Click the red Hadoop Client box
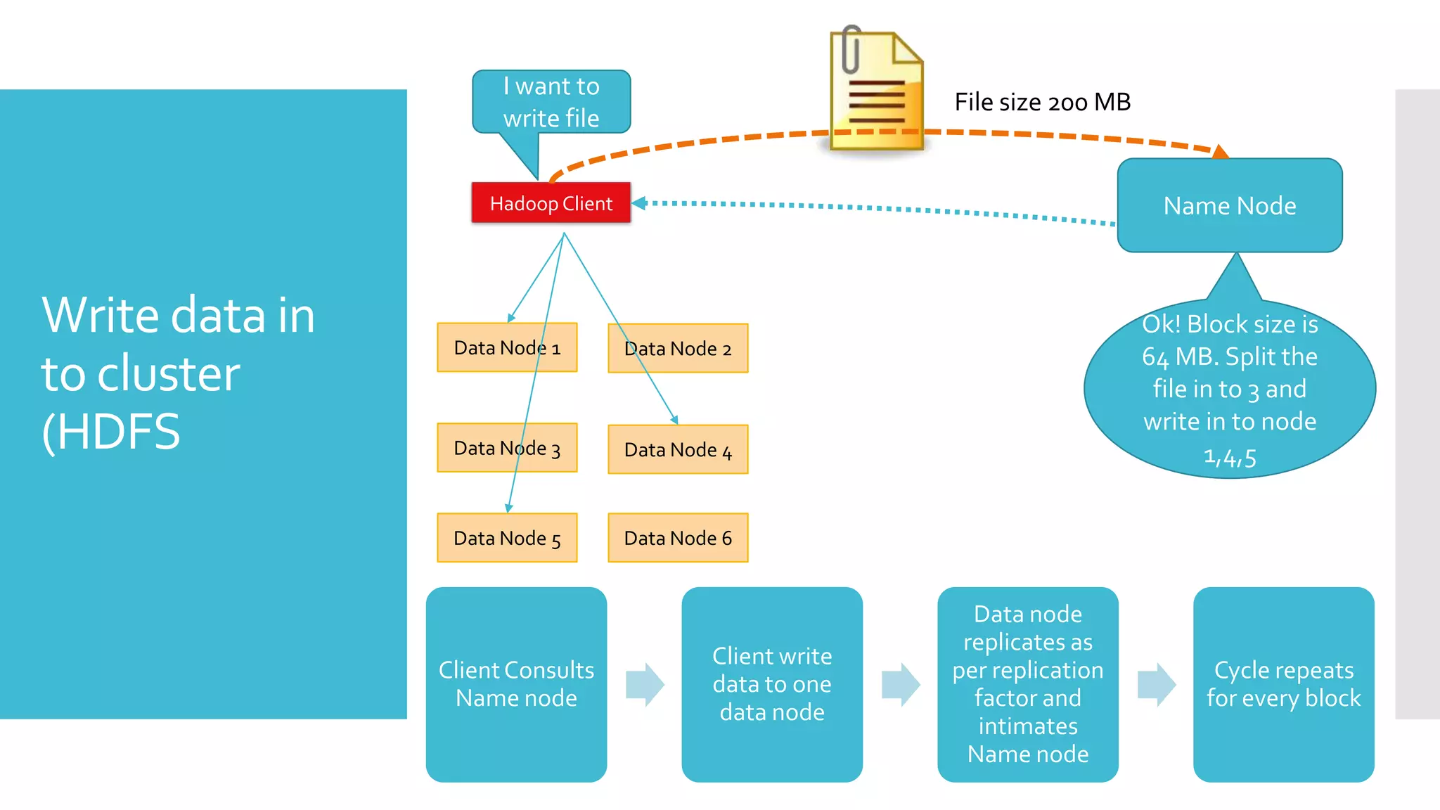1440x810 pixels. pyautogui.click(x=551, y=203)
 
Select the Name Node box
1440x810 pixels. pyautogui.click(x=1229, y=205)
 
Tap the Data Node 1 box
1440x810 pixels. pyautogui.click(x=506, y=347)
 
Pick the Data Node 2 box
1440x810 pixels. pyautogui.click(x=678, y=349)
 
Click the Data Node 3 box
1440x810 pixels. pyautogui.click(x=506, y=448)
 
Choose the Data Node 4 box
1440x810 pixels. pyautogui.click(x=678, y=449)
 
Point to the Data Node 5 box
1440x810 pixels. pyautogui.click(x=506, y=538)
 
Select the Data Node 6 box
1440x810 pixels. pyautogui.click(x=678, y=538)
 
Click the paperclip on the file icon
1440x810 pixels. pyautogui.click(x=851, y=49)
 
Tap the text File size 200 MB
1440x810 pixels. pyautogui.click(x=1042, y=103)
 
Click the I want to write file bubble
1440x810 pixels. pyautogui.click(x=551, y=101)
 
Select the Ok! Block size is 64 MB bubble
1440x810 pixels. pyautogui.click(x=1229, y=389)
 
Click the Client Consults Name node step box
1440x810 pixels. pyautogui.click(x=516, y=684)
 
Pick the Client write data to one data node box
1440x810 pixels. pyautogui.click(x=771, y=684)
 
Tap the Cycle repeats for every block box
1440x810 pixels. pyautogui.click(x=1283, y=684)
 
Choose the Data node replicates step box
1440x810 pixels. pyautogui.click(x=1027, y=684)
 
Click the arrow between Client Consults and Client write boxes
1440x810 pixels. pyautogui.click(x=645, y=684)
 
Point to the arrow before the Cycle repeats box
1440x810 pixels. pyautogui.click(x=1157, y=684)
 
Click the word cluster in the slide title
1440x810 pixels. pyautogui.click(x=168, y=373)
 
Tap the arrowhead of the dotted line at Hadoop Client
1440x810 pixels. pyautogui.click(x=638, y=203)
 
